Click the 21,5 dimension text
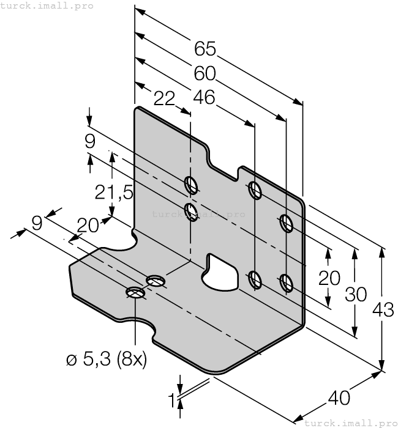(114, 193)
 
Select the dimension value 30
(355, 294)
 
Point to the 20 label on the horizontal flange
(88, 226)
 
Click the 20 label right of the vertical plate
(329, 278)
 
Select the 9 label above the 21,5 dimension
(90, 142)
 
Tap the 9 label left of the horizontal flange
(37, 223)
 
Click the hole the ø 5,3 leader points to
(135, 293)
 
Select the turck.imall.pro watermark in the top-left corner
(47, 6)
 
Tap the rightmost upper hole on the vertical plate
(285, 223)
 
